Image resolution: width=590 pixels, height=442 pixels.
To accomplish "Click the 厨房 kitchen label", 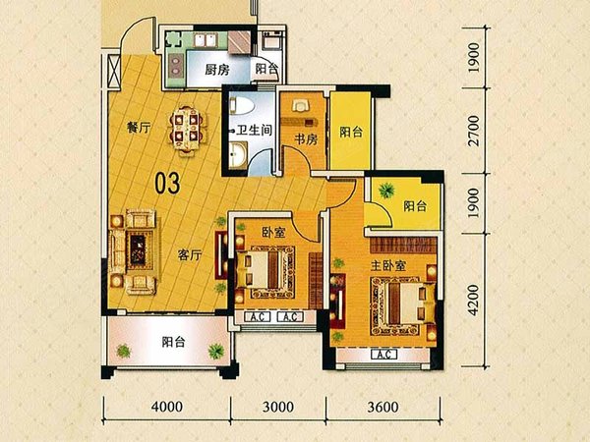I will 217,70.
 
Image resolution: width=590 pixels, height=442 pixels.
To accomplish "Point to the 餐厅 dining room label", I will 139,126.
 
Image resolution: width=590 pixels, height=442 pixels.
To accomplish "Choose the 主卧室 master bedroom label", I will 387,266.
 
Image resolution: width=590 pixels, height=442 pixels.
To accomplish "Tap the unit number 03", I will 168,182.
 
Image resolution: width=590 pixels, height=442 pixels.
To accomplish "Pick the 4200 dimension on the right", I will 475,296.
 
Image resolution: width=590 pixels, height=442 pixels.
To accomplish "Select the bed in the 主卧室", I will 397,304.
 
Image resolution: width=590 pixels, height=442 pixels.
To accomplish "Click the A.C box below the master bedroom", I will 383,355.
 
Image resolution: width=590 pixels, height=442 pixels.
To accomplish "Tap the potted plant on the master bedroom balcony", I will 386,191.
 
